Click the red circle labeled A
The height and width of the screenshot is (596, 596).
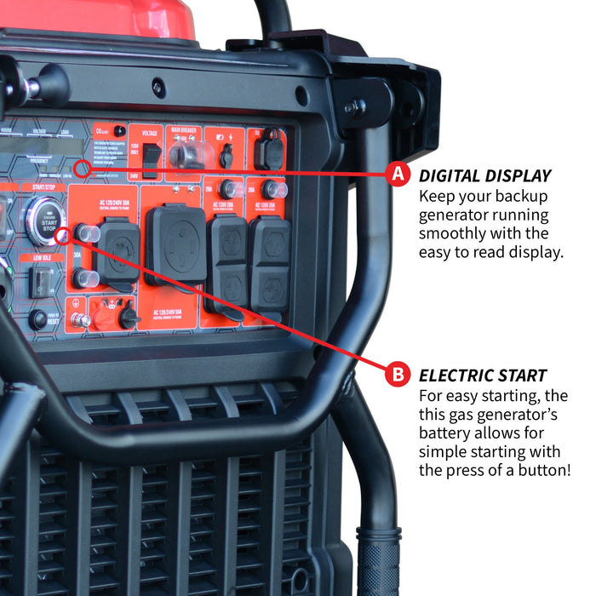tap(396, 175)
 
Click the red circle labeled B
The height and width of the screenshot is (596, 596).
tap(396, 373)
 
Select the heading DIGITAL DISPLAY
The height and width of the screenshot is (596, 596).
tap(484, 176)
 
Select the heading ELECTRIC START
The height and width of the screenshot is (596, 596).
tap(483, 375)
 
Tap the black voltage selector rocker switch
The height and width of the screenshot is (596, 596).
tap(151, 159)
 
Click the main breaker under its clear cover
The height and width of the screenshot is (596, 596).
tap(186, 156)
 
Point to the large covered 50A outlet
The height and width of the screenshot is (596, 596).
tap(176, 244)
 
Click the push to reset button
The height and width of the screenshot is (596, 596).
tap(37, 319)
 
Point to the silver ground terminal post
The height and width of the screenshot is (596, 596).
tap(77, 320)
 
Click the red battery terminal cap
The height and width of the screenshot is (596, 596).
tap(103, 317)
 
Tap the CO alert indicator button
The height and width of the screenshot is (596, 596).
tap(119, 131)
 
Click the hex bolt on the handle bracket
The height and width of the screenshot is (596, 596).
tap(350, 108)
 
